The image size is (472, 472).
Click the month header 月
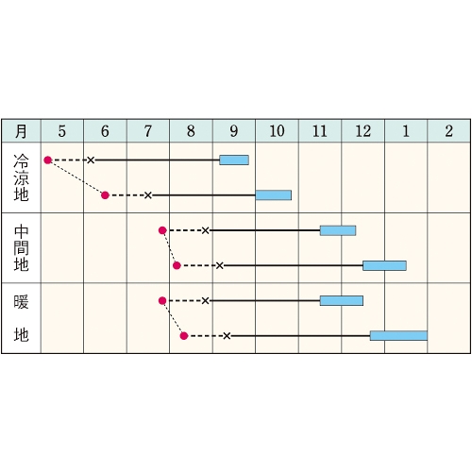pyautogui.click(x=21, y=131)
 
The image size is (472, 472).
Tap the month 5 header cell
pyautogui.click(x=62, y=131)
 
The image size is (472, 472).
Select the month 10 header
pyautogui.click(x=277, y=131)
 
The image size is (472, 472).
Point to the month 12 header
pyautogui.click(x=362, y=131)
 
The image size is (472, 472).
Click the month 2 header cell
pyautogui.click(x=449, y=131)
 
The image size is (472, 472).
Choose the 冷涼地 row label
pyautogui.click(x=21, y=177)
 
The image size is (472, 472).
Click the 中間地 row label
pyautogui.click(x=21, y=248)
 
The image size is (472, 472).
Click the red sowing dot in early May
pyautogui.click(x=48, y=160)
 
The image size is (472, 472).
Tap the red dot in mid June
pyautogui.click(x=105, y=195)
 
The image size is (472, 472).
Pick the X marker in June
pyautogui.click(x=91, y=160)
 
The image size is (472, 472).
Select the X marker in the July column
pyautogui.click(x=148, y=195)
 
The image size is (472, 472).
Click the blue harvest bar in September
pyautogui.click(x=234, y=160)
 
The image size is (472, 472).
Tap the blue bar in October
pyautogui.click(x=274, y=195)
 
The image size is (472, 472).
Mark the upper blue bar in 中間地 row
pyautogui.click(x=338, y=230)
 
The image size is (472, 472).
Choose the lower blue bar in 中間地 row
pyautogui.click(x=384, y=265)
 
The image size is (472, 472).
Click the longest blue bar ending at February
pyautogui.click(x=398, y=336)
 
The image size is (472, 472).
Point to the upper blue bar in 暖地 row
pyautogui.click(x=342, y=301)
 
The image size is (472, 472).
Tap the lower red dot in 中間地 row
pyautogui.click(x=177, y=265)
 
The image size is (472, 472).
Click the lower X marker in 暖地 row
pyautogui.click(x=227, y=336)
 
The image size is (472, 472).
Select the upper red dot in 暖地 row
pyautogui.click(x=162, y=301)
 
